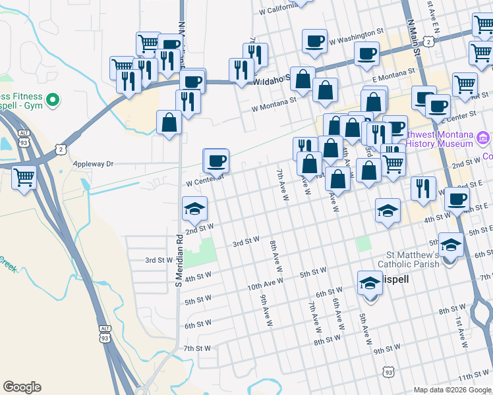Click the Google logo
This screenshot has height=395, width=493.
click(22, 387)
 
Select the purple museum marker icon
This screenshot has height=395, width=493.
click(483, 139)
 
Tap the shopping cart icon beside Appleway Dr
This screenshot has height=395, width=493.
click(24, 176)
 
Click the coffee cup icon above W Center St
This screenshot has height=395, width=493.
click(216, 160)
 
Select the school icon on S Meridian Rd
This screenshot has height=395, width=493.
click(194, 209)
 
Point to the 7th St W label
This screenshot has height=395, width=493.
click(196, 348)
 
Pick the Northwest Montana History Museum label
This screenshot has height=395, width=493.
click(439, 139)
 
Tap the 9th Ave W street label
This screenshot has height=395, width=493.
click(264, 310)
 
